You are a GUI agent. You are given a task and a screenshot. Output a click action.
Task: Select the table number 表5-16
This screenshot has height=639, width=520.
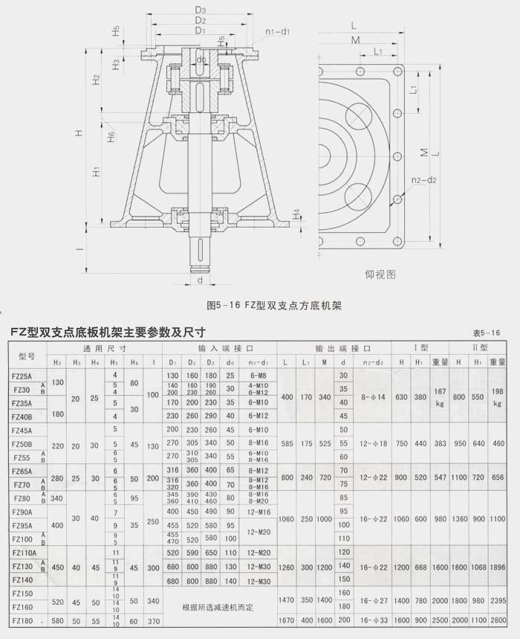coord(487,333)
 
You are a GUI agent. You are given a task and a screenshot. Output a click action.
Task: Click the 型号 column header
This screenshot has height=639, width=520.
coord(27,356)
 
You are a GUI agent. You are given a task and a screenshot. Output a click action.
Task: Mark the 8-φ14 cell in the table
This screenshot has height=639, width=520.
coord(371,396)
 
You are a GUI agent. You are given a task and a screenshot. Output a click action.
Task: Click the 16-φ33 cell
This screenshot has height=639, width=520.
coord(371,620)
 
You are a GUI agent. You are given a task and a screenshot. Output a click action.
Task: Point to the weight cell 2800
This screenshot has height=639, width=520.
coord(498,620)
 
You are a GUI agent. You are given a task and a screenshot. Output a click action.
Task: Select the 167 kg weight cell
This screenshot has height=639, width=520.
coord(441,396)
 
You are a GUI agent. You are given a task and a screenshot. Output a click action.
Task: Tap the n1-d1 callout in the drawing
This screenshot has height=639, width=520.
coord(277,32)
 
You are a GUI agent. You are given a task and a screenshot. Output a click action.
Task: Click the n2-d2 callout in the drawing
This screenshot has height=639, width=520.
coord(425,180)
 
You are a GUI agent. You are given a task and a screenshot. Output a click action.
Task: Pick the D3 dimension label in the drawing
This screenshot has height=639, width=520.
coord(200,10)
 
